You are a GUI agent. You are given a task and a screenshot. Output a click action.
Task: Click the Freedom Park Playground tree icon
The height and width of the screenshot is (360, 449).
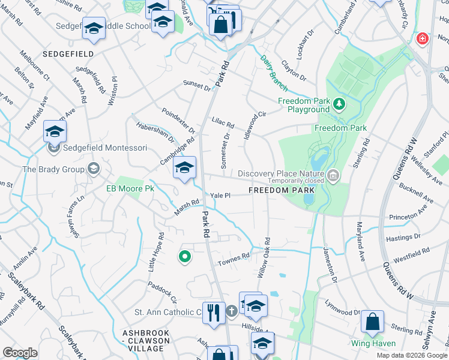tap(339, 104)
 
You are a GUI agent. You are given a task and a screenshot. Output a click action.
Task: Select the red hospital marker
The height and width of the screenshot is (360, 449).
tap(423, 38)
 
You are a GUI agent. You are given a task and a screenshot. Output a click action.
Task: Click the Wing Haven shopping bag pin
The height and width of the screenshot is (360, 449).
tap(373, 323)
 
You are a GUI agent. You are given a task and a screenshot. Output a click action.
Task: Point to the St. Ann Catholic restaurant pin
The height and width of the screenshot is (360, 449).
tap(214, 312)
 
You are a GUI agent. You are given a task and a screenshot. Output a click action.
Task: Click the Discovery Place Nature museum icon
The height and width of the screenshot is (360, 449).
tap(334, 175)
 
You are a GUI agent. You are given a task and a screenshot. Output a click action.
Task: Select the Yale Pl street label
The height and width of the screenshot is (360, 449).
tap(220, 195)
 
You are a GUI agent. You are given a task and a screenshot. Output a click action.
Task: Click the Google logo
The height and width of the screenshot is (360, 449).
tap(20, 353)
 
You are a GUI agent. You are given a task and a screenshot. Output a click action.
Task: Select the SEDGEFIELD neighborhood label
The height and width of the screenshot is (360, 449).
tap(68, 53)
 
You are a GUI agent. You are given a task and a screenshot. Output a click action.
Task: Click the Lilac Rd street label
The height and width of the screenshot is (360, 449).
tap(223, 122)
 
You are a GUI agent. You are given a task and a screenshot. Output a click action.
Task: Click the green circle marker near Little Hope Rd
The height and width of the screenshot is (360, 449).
tap(185, 257)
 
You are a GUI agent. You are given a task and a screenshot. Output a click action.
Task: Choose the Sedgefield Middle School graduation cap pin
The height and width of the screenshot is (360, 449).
tap(93, 29)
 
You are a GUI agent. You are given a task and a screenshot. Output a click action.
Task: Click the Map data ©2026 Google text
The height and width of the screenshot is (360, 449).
tap(411, 355)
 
